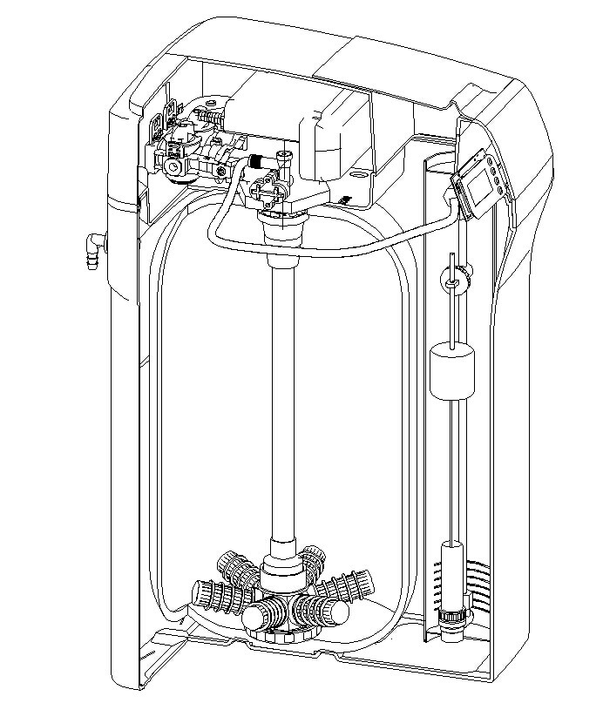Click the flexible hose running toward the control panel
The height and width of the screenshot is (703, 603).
click(x=349, y=248)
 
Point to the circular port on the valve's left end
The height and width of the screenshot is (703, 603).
click(x=174, y=165)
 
